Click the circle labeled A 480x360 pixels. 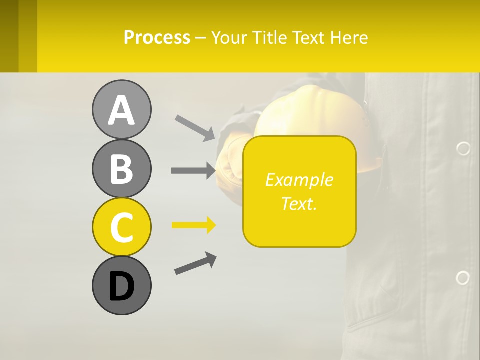(x=121, y=109)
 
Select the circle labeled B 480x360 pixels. (x=121, y=168)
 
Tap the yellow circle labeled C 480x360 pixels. (x=121, y=227)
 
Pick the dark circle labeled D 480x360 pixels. (x=121, y=285)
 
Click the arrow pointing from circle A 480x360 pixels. (x=195, y=127)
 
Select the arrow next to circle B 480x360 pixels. (x=193, y=170)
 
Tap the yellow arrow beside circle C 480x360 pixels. (x=193, y=225)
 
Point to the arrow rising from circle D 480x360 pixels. (x=195, y=263)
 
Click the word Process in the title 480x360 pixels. (x=157, y=37)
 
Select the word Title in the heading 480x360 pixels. (x=270, y=37)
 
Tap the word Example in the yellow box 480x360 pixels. (x=299, y=180)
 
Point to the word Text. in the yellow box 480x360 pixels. (x=299, y=203)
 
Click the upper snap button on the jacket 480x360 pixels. (x=463, y=148)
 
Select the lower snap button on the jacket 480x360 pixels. (x=463, y=278)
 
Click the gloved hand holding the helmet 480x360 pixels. (x=231, y=160)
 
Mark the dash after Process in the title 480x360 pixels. (x=200, y=38)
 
